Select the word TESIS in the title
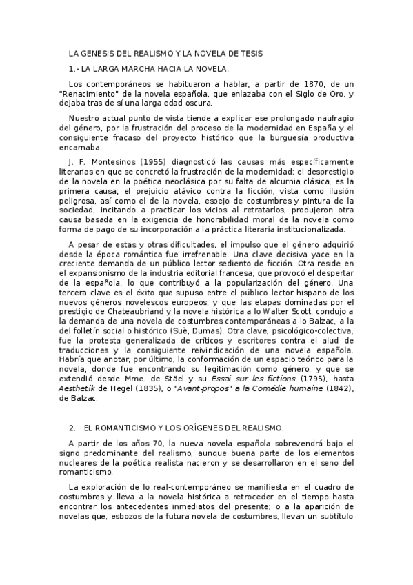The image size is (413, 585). (250, 53)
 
